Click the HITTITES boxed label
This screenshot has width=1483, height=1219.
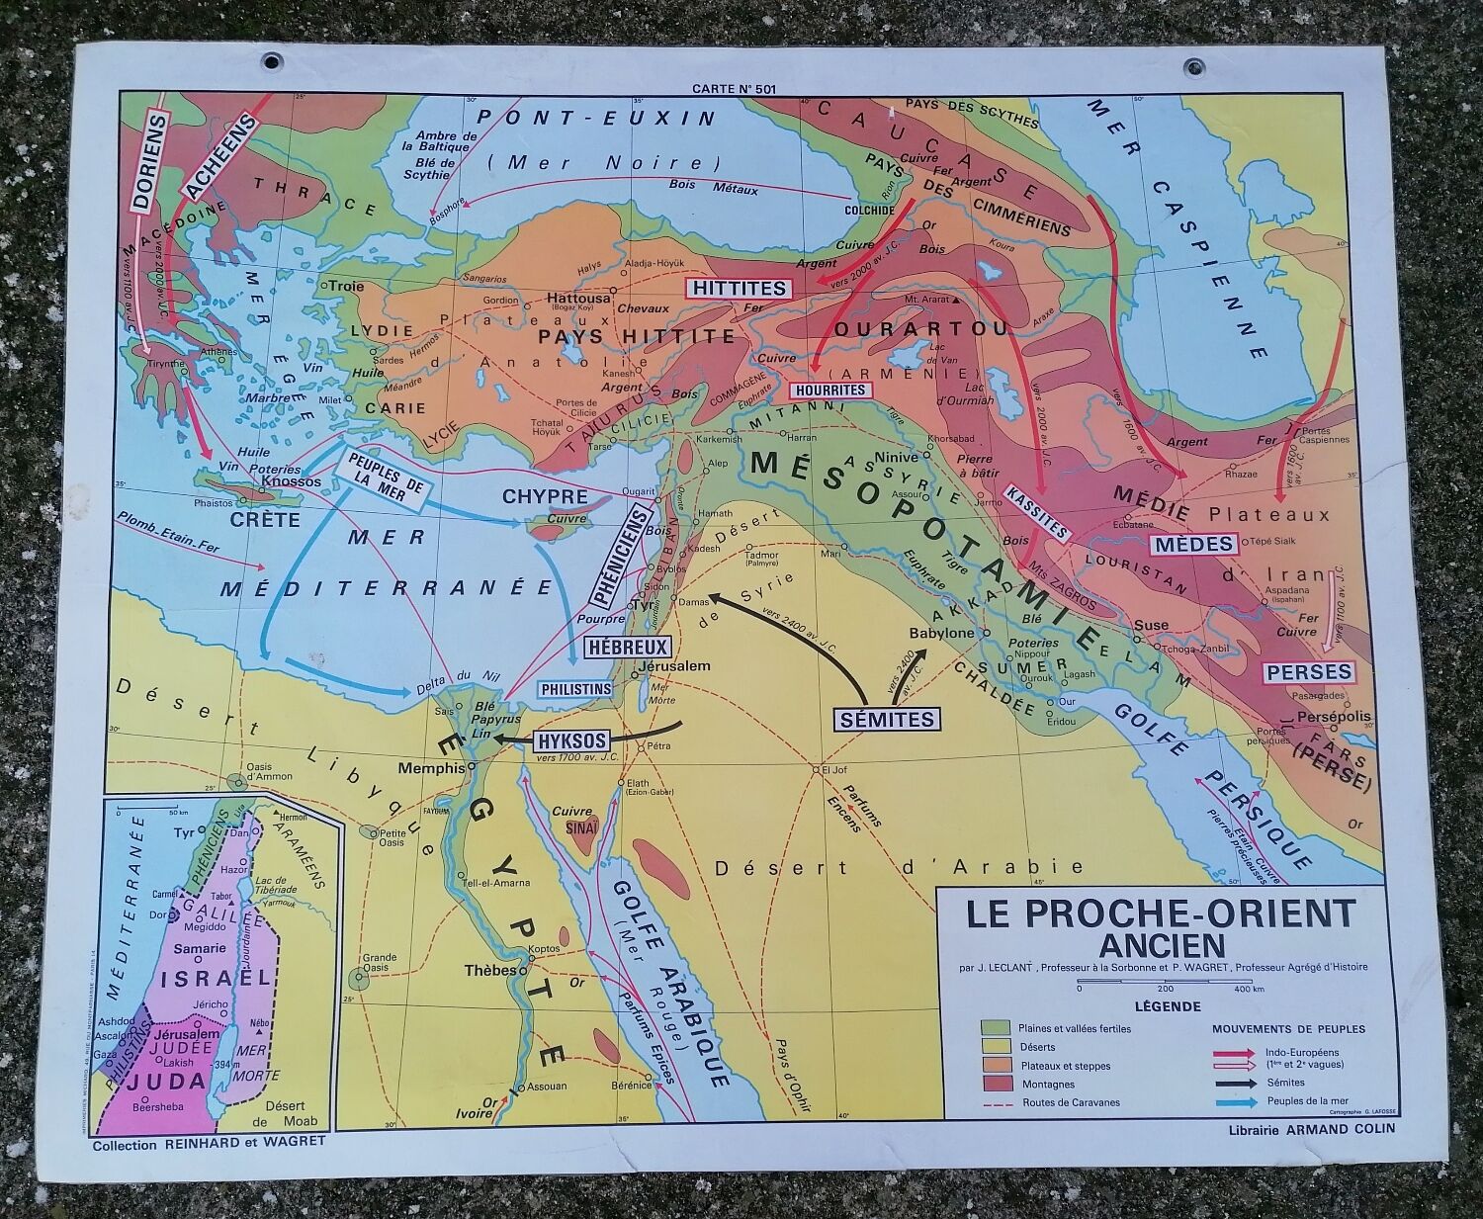(x=740, y=289)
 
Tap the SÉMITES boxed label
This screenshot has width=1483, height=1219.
(x=886, y=719)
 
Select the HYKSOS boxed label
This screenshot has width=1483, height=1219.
(x=570, y=740)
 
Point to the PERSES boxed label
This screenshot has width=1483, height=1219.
(x=1308, y=672)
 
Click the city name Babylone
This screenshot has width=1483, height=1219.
(x=940, y=632)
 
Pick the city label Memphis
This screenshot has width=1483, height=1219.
(x=431, y=768)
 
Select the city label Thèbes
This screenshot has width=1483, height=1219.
(x=490, y=970)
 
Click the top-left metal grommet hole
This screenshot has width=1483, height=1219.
(x=271, y=61)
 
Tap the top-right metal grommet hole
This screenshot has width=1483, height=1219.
(x=1192, y=67)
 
